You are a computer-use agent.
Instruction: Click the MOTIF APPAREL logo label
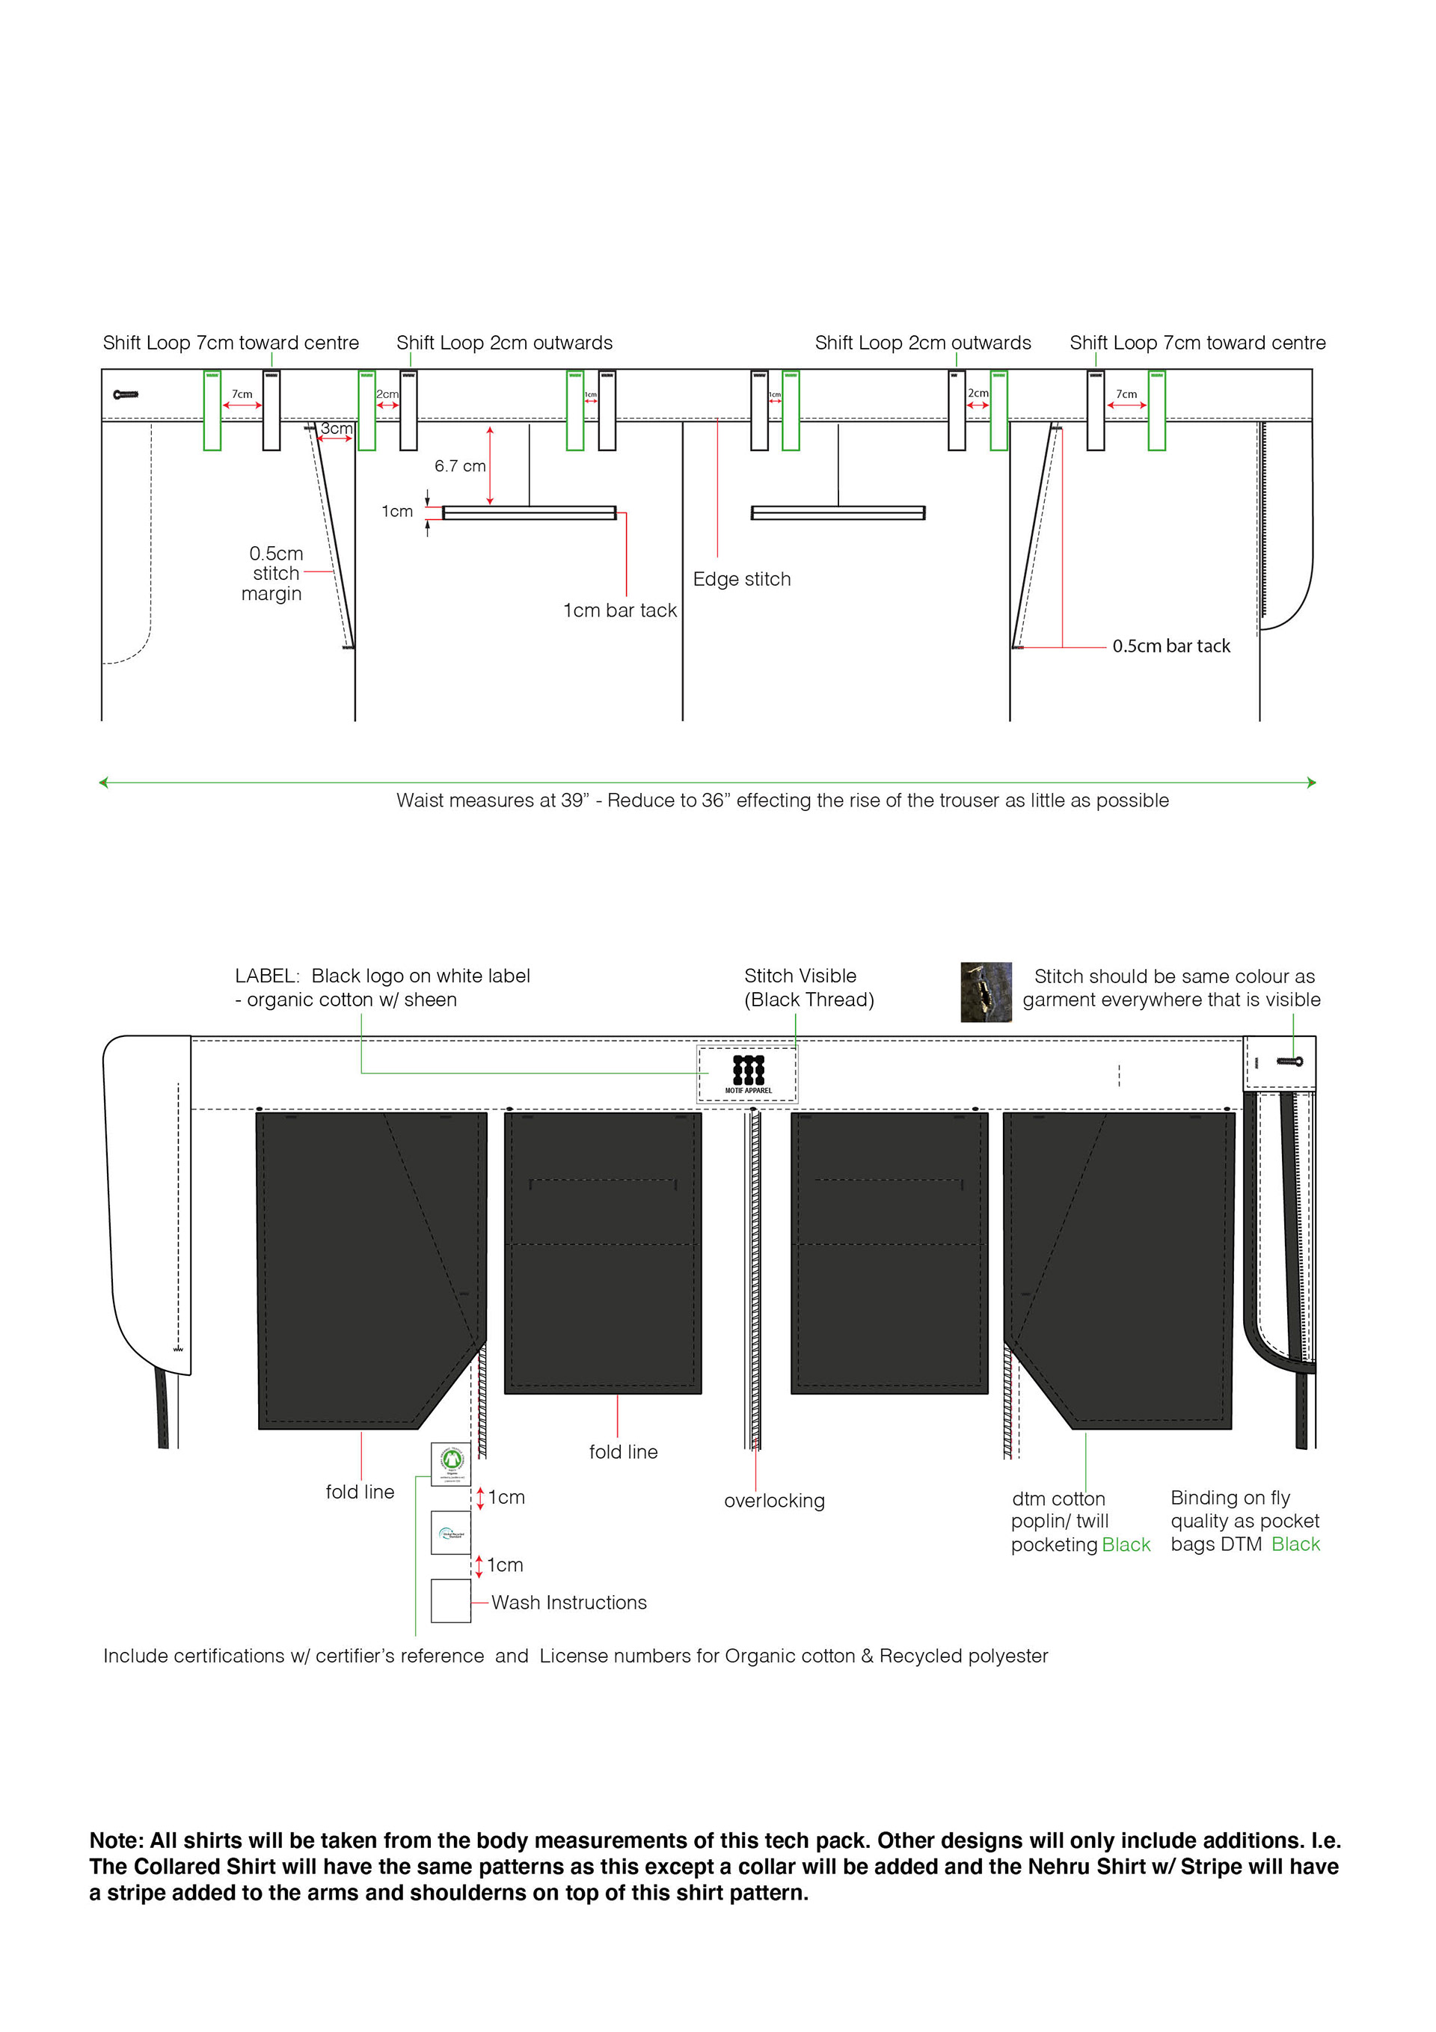pyautogui.click(x=748, y=1074)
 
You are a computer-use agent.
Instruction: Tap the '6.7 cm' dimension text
pyautogui.click(x=459, y=466)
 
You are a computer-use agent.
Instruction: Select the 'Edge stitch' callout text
pyautogui.click(x=741, y=579)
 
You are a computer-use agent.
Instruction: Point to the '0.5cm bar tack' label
pyautogui.click(x=1170, y=646)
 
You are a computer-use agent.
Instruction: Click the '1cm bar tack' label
pyautogui.click(x=619, y=610)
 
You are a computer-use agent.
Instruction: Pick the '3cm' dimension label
pyautogui.click(x=337, y=429)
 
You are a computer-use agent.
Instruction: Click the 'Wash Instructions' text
pyautogui.click(x=569, y=1603)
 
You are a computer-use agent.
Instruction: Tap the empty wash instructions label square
pyautogui.click(x=450, y=1601)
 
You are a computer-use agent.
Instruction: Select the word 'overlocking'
pyautogui.click(x=774, y=1501)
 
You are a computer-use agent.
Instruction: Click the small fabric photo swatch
pyautogui.click(x=986, y=992)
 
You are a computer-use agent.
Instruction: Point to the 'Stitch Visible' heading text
pyautogui.click(x=800, y=976)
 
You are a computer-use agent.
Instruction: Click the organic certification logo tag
pyautogui.click(x=451, y=1464)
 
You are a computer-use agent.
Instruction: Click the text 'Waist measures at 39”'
pyautogui.click(x=491, y=801)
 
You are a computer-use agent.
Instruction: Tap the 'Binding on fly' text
pyautogui.click(x=1230, y=1498)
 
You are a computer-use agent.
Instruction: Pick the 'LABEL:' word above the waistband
pyautogui.click(x=267, y=976)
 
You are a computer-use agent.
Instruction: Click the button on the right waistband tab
pyautogui.click(x=1289, y=1061)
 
